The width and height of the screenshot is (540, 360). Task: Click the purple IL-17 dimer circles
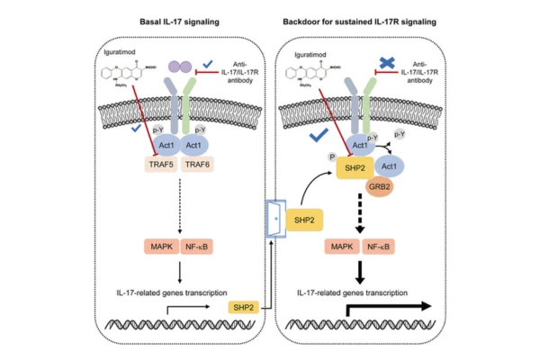180,67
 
